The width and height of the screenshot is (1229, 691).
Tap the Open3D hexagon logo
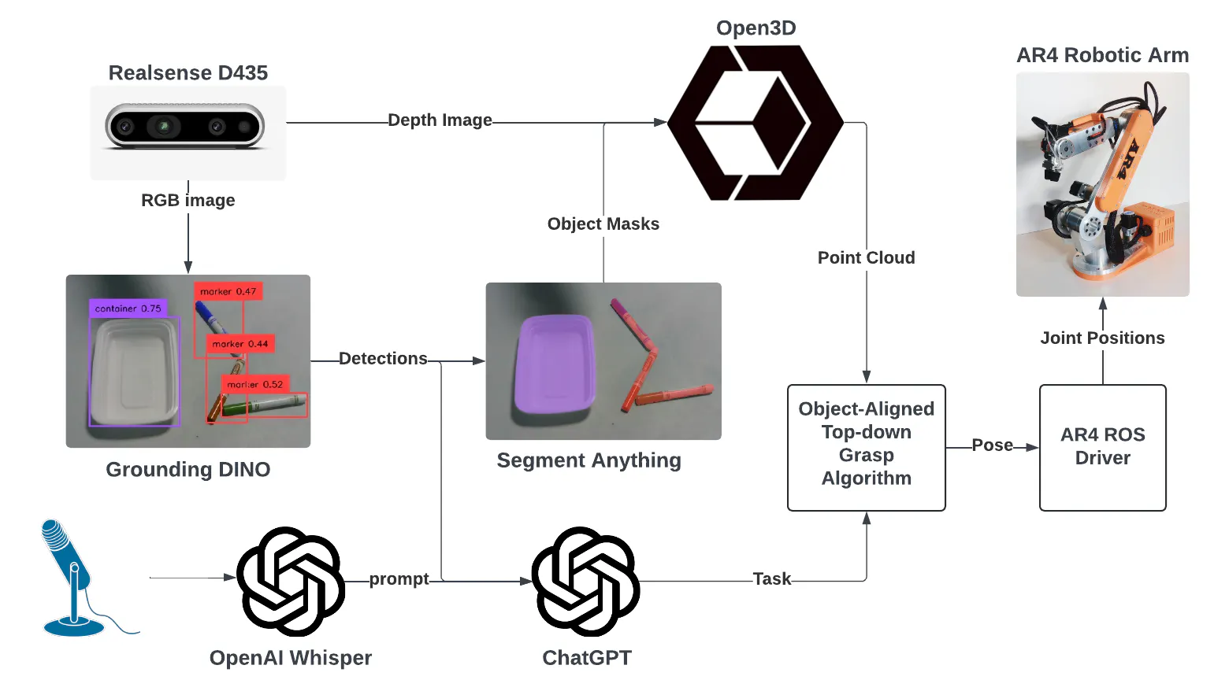tap(755, 122)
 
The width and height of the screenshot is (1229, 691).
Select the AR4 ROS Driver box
tap(1102, 447)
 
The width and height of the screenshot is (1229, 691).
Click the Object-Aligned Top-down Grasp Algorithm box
tap(866, 447)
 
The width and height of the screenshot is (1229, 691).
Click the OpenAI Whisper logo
tap(291, 581)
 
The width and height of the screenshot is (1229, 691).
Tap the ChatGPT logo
tap(585, 581)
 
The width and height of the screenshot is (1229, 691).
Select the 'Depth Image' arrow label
tap(440, 120)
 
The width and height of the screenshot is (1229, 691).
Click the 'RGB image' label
tap(188, 201)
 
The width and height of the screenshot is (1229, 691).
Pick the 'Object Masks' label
tap(603, 224)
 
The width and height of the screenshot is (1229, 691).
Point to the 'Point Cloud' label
tap(866, 258)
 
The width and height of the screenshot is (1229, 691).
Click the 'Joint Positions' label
tap(1102, 338)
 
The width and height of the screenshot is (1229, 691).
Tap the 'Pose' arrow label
tap(992, 445)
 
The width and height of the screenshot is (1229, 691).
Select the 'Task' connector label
tap(771, 579)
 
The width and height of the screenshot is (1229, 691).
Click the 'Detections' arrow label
tap(383, 359)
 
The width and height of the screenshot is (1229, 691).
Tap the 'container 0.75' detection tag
tap(128, 309)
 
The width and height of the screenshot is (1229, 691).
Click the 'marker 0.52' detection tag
tap(255, 384)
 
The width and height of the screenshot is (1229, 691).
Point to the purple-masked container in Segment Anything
tap(555, 364)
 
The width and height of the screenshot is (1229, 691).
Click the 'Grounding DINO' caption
tap(188, 470)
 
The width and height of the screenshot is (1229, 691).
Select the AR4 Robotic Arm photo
tap(1102, 185)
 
